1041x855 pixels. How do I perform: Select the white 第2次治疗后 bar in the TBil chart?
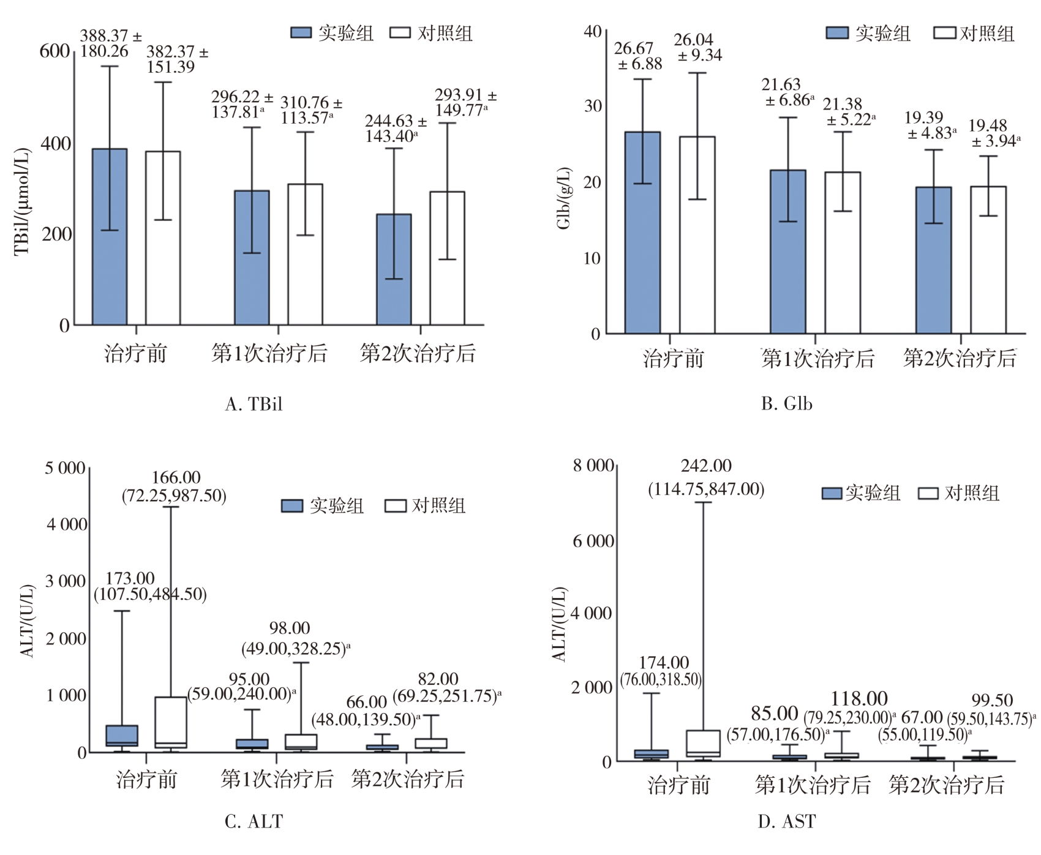pyautogui.click(x=447, y=258)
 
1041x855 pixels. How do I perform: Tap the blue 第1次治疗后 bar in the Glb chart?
pyautogui.click(x=787, y=252)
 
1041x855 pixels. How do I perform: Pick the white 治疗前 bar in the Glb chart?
pyautogui.click(x=697, y=235)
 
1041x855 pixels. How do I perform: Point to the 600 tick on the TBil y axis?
pyautogui.click(x=55, y=51)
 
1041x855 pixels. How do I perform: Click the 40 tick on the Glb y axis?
pyautogui.click(x=593, y=31)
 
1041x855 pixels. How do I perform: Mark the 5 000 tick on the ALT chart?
pyautogui.click(x=65, y=469)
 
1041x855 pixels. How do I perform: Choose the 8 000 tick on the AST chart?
pyautogui.click(x=593, y=466)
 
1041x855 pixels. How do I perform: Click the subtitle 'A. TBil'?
pyautogui.click(x=254, y=404)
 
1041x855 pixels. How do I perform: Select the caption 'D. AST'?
pyautogui.click(x=786, y=821)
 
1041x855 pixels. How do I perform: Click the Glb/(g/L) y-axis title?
pyautogui.click(x=564, y=198)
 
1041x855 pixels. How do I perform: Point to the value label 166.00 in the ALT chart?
pyautogui.click(x=176, y=477)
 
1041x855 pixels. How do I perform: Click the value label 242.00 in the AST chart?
pyautogui.click(x=706, y=466)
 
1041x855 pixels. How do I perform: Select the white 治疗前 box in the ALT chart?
pyautogui.click(x=171, y=722)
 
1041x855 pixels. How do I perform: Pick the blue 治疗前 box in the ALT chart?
pyautogui.click(x=122, y=735)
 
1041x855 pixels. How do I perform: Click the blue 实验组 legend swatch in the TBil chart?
pyautogui.click(x=301, y=33)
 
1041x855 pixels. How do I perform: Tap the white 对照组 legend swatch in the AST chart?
pyautogui.click(x=928, y=493)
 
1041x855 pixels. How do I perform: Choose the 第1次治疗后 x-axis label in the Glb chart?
pyautogui.click(x=818, y=359)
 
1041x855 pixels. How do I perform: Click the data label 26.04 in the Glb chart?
pyautogui.click(x=693, y=40)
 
